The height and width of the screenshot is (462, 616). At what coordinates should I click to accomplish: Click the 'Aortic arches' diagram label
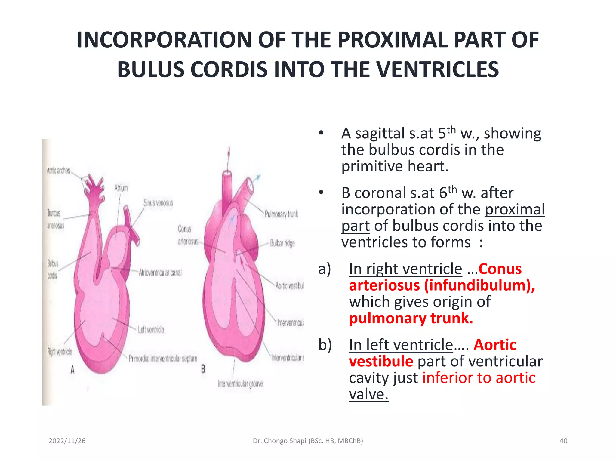[59, 171]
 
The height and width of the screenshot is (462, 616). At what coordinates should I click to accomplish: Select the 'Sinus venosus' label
[158, 203]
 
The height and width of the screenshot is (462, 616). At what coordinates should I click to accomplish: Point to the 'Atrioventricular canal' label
[160, 273]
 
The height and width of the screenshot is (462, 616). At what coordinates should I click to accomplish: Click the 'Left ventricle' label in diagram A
[151, 330]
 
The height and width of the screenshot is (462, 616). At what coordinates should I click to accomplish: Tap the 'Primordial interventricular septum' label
[163, 359]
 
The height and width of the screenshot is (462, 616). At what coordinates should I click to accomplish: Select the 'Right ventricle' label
[60, 351]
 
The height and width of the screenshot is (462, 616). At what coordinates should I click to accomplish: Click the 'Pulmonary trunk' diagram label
[281, 214]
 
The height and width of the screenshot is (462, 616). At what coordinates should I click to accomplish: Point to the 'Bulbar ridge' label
[282, 243]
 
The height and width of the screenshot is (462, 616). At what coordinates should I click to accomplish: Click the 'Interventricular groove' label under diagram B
[240, 384]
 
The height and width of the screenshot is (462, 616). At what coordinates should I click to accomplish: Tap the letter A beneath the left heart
[72, 370]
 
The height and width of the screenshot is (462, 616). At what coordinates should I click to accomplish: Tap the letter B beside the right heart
[203, 369]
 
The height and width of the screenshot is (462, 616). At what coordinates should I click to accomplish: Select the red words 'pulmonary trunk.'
[411, 318]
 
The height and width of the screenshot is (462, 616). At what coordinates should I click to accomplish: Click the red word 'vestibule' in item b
[381, 362]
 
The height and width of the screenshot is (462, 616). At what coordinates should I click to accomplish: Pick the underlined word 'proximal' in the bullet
[514, 209]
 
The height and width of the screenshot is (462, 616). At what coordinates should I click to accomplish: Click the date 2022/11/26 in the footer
[67, 441]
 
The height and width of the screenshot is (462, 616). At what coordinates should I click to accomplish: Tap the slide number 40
[563, 441]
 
